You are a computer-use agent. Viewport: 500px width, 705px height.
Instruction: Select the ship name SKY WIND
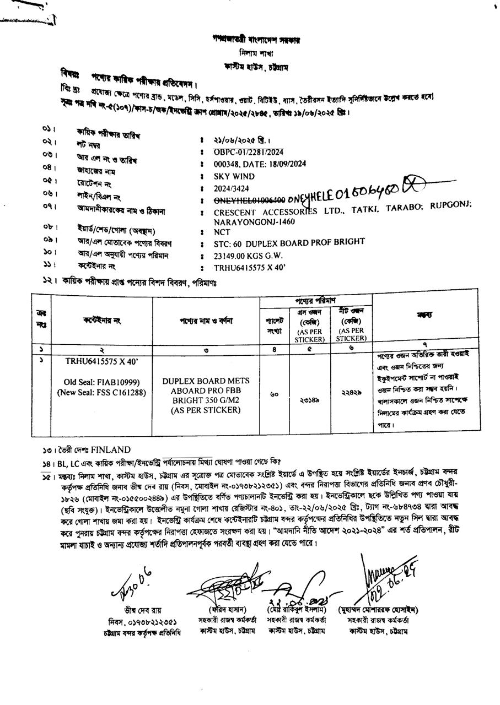click(x=234, y=177)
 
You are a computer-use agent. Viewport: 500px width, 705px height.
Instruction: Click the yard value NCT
click(x=222, y=232)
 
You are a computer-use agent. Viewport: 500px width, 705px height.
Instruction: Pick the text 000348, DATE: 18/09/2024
click(x=260, y=164)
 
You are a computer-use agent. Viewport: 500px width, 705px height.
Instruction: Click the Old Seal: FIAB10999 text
click(x=101, y=382)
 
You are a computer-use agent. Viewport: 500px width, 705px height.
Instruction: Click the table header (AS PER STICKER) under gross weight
click(x=310, y=335)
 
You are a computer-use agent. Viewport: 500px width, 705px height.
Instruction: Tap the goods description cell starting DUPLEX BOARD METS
click(x=206, y=395)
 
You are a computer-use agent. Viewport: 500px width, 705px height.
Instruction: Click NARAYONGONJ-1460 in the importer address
click(x=254, y=221)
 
